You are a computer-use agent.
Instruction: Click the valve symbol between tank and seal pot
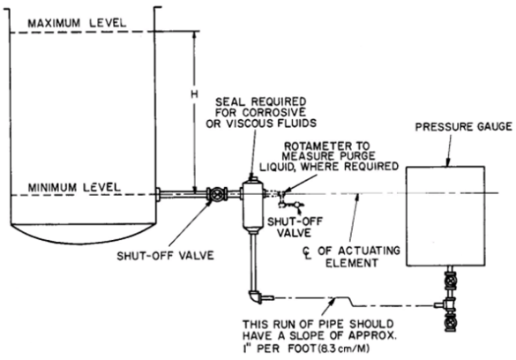[x=213, y=194]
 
